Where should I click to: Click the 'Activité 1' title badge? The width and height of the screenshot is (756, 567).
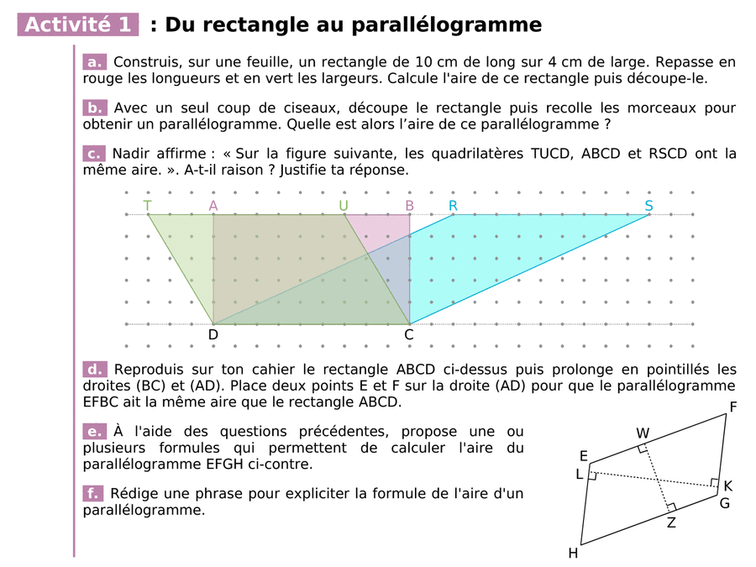78,25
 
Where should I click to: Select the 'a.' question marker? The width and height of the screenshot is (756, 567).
95,62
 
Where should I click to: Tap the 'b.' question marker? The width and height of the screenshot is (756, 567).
95,108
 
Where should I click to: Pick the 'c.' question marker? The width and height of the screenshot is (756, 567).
95,153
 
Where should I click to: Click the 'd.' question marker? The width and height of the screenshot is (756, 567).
95,370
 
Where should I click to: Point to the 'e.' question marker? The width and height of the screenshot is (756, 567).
95,432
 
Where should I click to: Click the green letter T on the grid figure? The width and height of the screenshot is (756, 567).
148,206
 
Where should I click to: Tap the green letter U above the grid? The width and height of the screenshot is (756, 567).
344,206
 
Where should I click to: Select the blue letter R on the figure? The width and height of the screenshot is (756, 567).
454,206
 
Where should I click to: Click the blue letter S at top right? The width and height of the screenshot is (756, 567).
649,206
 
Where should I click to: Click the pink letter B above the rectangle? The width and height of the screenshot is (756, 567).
410,206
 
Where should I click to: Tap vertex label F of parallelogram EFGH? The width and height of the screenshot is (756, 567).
733,407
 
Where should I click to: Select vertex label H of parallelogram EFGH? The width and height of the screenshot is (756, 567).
573,553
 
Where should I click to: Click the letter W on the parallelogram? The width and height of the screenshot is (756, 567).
643,433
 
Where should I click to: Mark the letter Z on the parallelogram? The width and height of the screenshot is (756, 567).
671,522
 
